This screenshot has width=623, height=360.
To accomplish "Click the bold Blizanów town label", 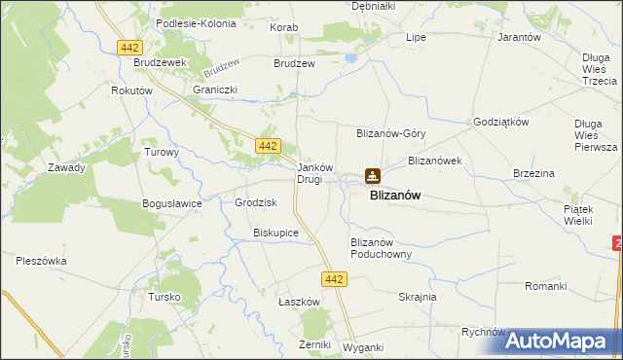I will coord(395,195).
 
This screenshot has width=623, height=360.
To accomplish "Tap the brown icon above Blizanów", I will coord(372,176).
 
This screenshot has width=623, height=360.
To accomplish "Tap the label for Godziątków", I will coord(500,122).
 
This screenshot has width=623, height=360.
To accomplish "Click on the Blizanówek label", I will coord(434,160).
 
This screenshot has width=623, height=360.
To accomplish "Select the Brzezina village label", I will coord(533,173).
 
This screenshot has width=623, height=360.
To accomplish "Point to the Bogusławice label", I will coord(171,203).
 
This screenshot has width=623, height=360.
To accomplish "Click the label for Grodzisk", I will coord(256,202).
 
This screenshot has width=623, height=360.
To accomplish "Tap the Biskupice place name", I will coord(275,234).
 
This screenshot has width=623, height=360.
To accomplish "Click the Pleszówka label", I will coord(41,260).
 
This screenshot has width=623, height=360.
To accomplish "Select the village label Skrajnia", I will coord(418,297).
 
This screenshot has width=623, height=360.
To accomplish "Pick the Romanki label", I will coord(545,286).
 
